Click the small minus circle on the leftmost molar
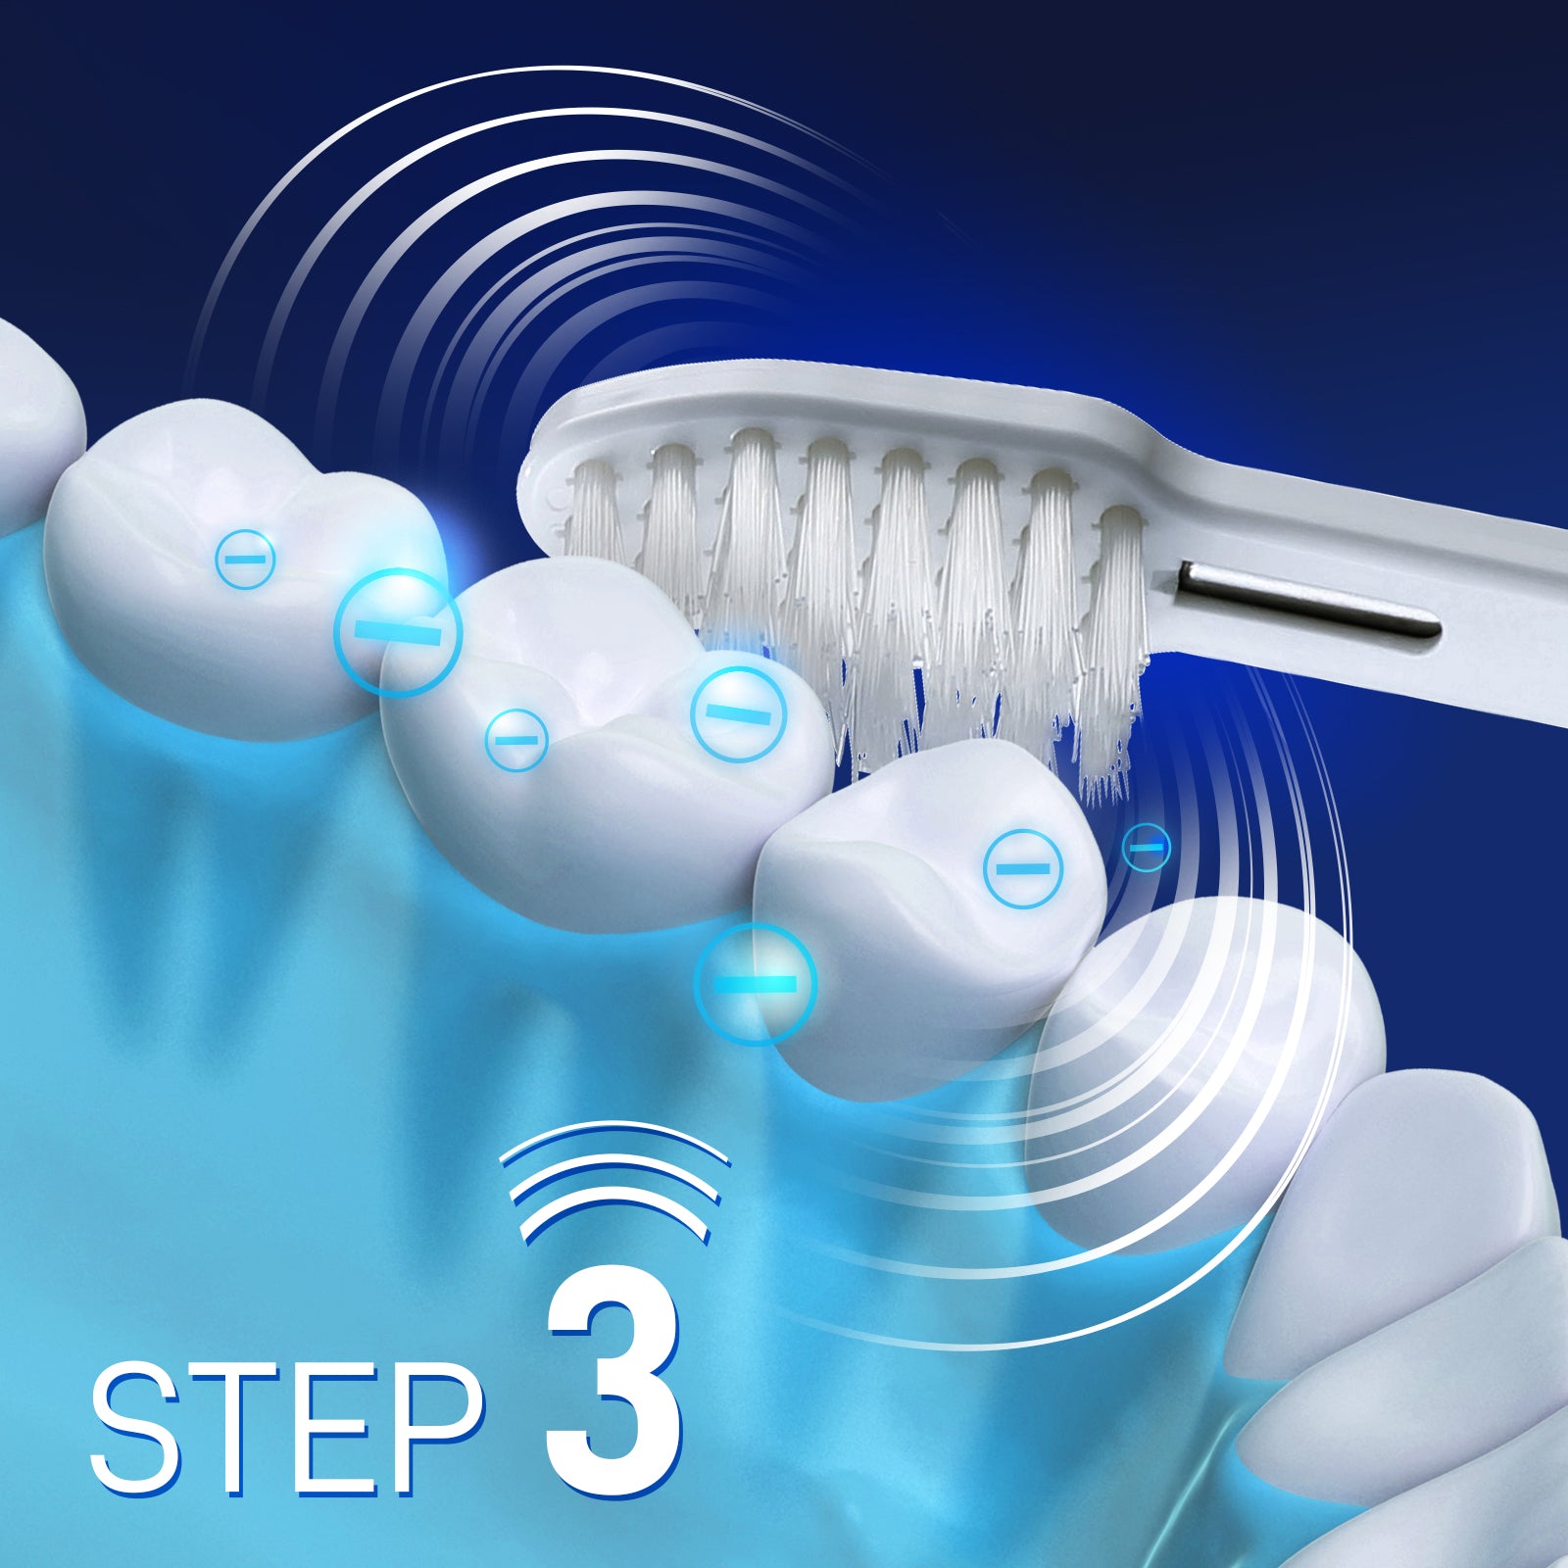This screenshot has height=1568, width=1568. (245, 558)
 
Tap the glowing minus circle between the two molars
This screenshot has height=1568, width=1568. (397, 632)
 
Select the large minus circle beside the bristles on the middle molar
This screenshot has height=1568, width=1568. (739, 713)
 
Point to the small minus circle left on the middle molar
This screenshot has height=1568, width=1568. (517, 740)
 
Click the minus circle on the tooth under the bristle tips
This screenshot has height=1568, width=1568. (1023, 868)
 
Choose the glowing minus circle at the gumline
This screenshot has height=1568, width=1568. (755, 983)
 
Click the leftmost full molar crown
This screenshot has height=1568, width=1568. (245, 568)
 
